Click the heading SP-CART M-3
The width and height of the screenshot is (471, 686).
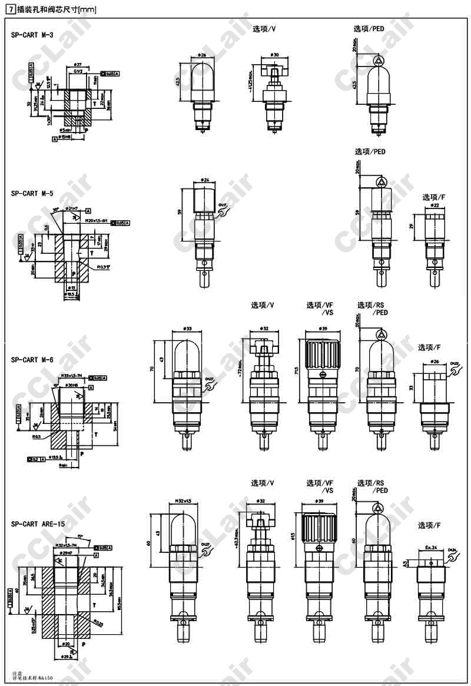(32, 35)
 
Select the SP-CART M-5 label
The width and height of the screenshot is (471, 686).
(32, 193)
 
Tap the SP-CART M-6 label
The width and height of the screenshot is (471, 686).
(32, 360)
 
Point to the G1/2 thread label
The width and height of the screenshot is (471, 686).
(78, 72)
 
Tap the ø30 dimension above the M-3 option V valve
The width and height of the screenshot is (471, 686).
(274, 54)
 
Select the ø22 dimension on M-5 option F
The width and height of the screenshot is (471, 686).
(434, 206)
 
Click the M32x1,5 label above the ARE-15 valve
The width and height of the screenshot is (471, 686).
(183, 501)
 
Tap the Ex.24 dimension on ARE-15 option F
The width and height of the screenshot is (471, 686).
(432, 547)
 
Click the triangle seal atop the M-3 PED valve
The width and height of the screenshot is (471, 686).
(377, 60)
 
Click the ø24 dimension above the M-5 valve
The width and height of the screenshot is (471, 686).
(205, 179)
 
